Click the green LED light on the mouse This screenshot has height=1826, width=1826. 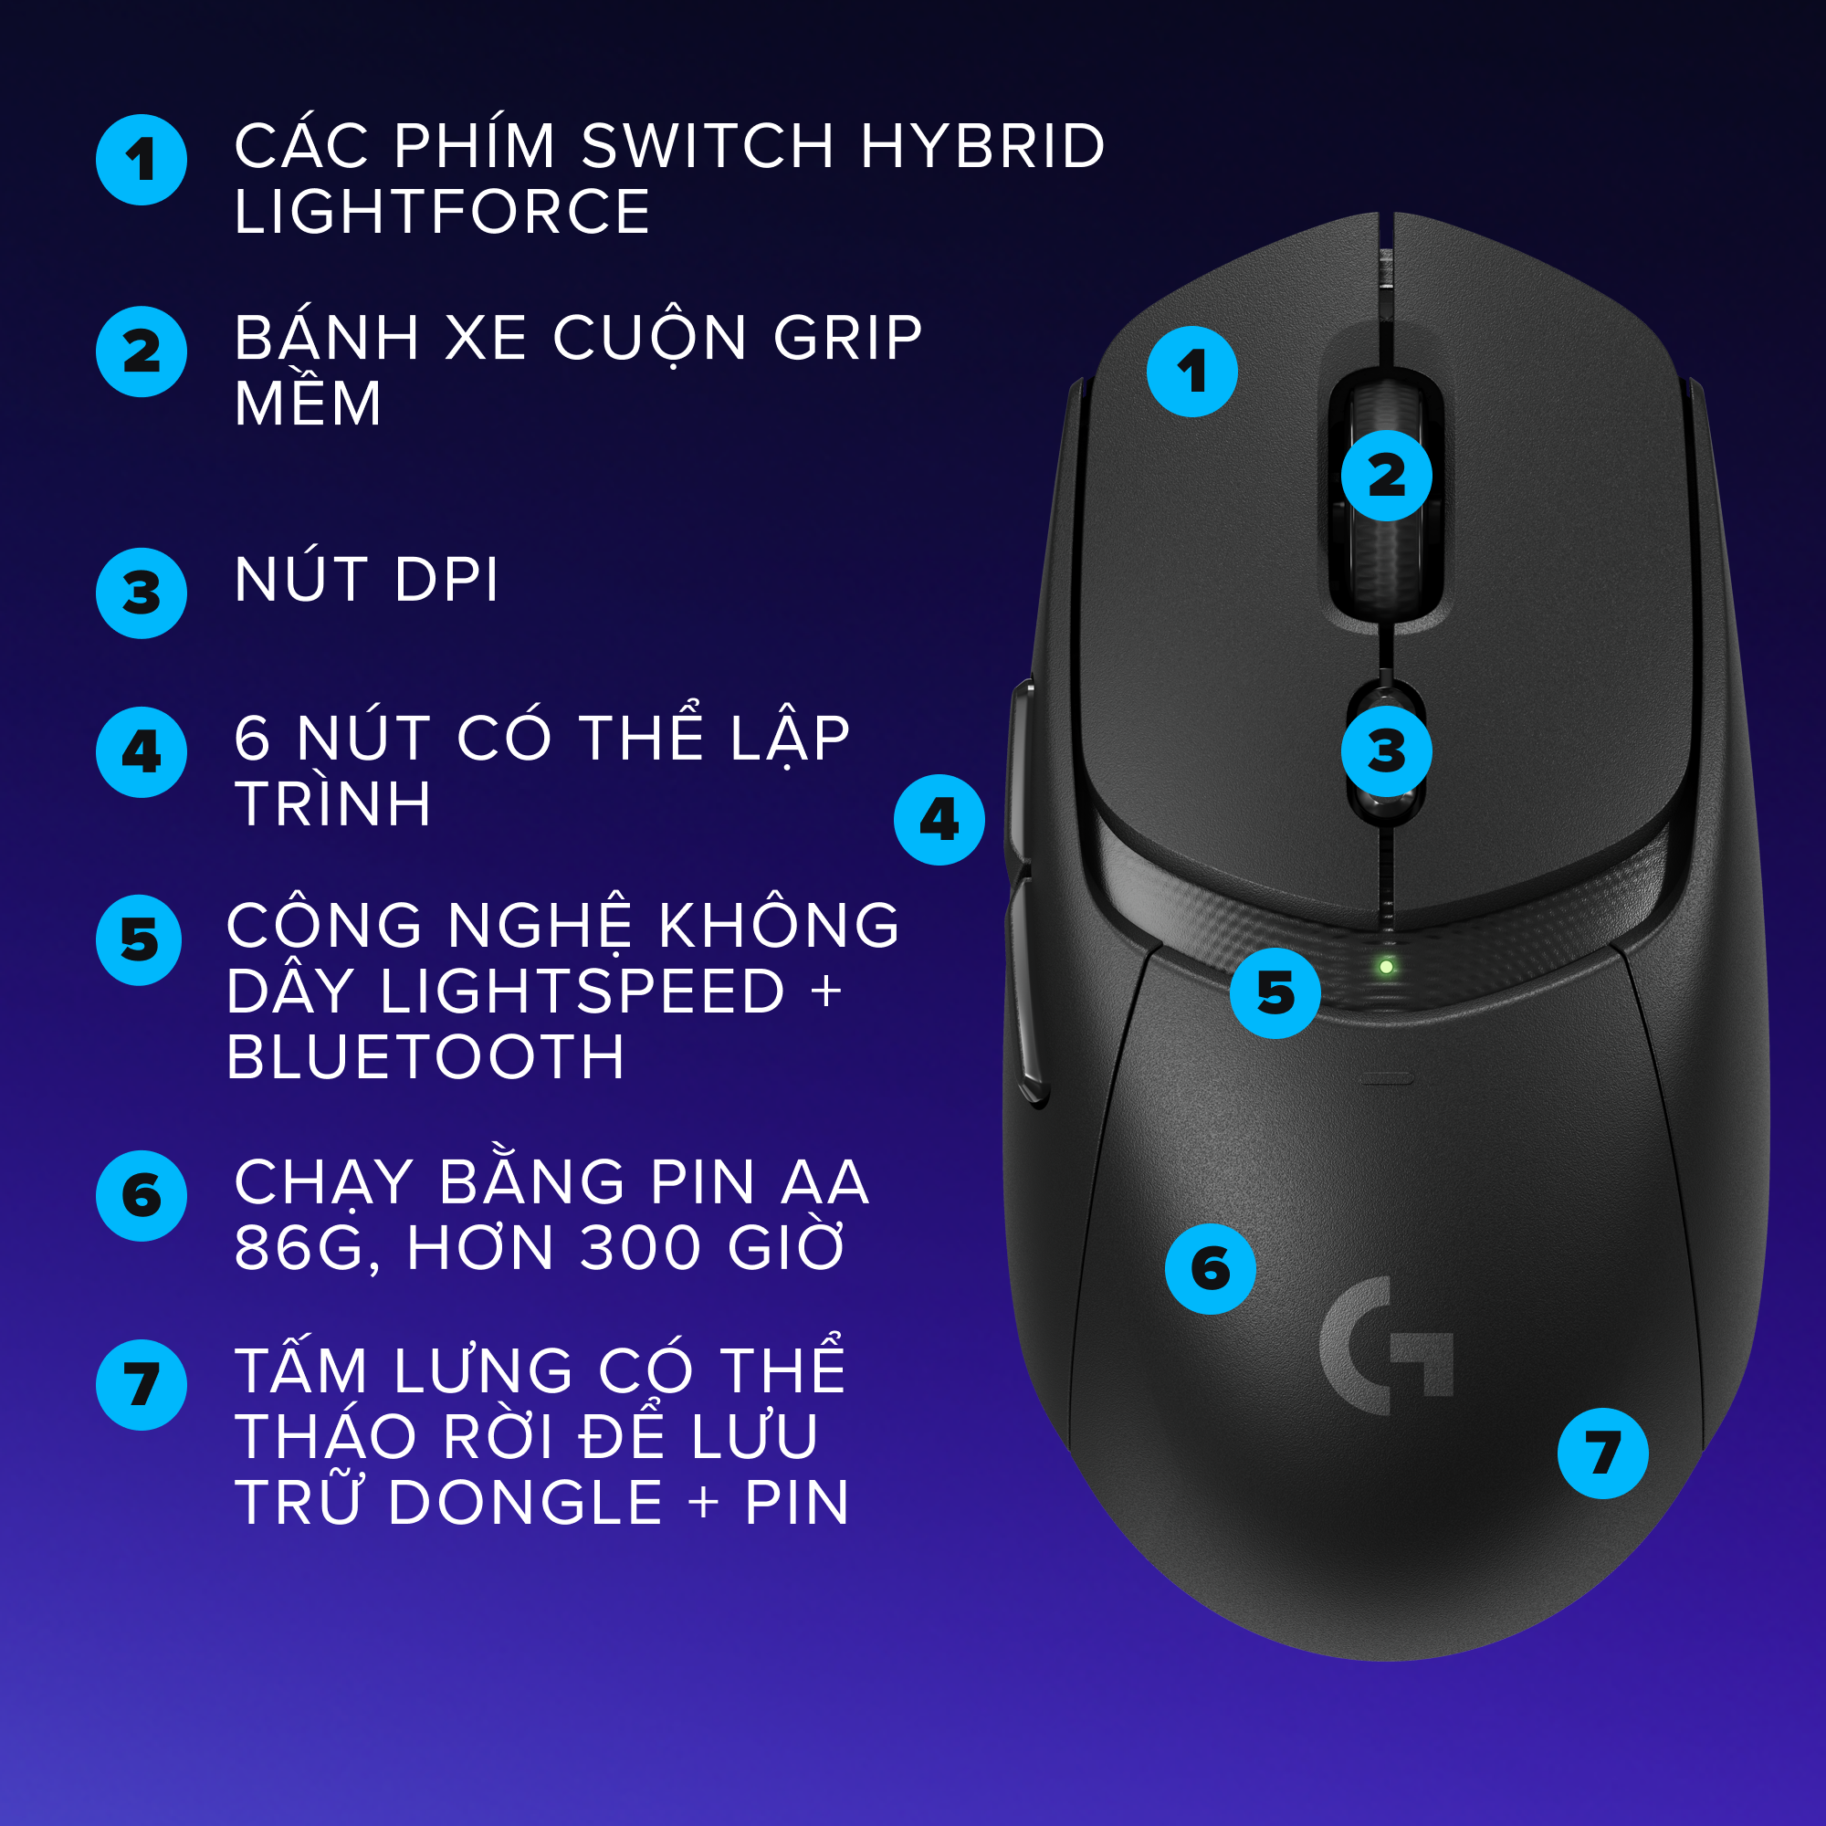click(x=1386, y=967)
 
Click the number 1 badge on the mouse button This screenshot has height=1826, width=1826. click(x=1191, y=372)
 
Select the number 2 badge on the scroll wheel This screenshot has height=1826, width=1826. click(x=1387, y=476)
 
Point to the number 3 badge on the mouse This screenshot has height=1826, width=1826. click(x=1387, y=751)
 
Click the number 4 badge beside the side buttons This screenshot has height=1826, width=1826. click(x=939, y=820)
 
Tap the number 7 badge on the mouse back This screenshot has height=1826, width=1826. click(x=1603, y=1453)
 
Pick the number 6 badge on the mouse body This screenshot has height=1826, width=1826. click(x=1210, y=1268)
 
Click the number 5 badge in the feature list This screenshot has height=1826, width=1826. click(x=139, y=940)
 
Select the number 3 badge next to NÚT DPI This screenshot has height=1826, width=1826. click(x=141, y=593)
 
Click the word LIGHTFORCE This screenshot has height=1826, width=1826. click(x=441, y=211)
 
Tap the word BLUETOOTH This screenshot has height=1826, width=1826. click(x=425, y=1055)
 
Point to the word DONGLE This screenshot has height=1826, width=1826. click(x=526, y=1503)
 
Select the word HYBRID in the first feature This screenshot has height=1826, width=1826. click(x=982, y=146)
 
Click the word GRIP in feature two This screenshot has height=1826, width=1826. click(x=847, y=338)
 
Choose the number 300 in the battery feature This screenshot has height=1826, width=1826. click(x=640, y=1247)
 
